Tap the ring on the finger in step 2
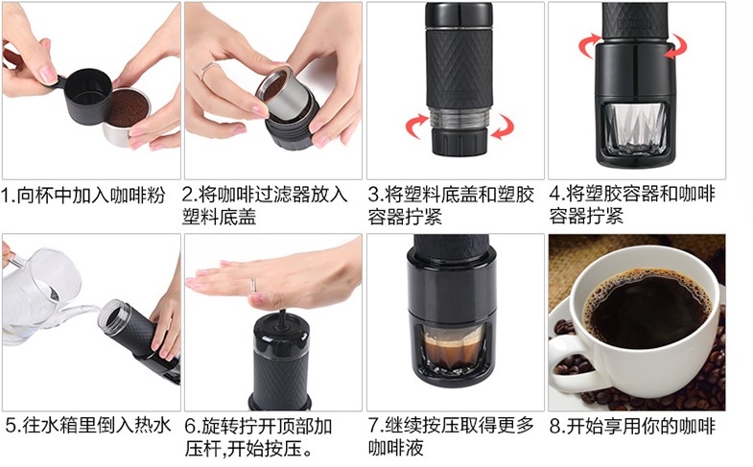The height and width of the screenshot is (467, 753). click(207, 70)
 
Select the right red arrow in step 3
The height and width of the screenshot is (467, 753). click(503, 127)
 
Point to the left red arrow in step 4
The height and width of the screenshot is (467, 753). click(590, 45)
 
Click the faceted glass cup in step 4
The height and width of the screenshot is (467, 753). click(634, 128)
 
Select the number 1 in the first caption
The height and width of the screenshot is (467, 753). click(6, 196)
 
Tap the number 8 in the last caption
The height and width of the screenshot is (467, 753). click(555, 426)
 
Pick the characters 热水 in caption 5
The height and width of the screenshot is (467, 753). click(153, 426)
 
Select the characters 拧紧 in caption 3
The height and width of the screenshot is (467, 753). click(424, 217)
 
